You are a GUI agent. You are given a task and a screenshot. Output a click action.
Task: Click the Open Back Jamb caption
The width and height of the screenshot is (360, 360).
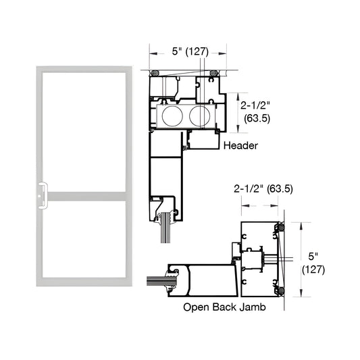[224, 306]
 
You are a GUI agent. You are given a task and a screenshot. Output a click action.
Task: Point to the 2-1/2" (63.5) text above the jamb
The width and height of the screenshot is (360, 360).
[263, 188]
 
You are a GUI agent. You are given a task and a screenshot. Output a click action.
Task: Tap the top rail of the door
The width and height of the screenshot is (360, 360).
[84, 69]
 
